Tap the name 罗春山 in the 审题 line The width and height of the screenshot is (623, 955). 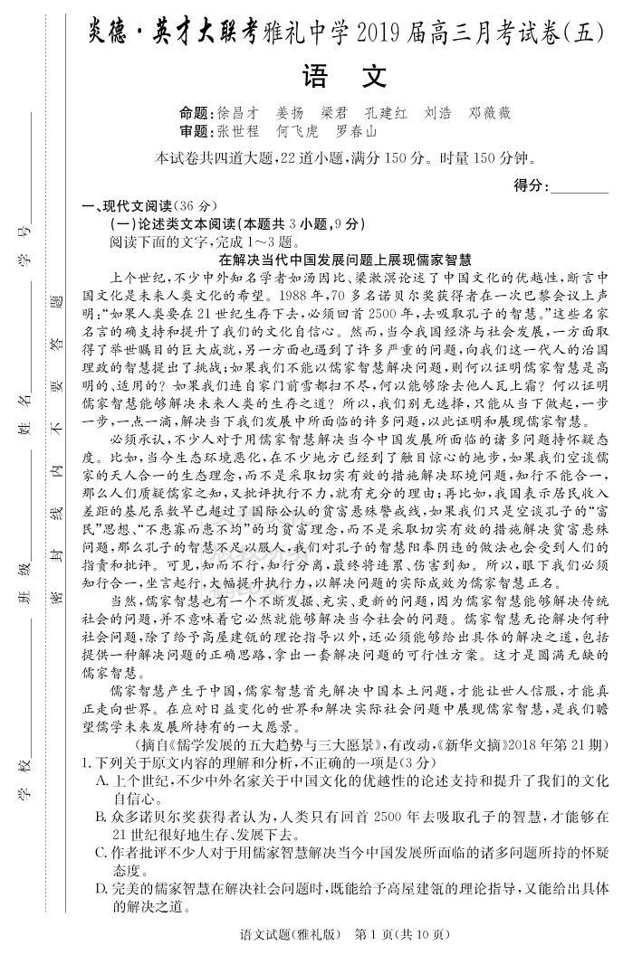pos(357,132)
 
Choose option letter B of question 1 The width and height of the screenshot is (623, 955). pos(102,817)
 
